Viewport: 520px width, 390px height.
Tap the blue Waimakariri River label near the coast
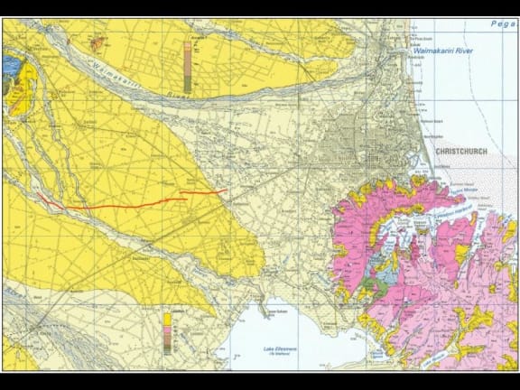pyautogui.click(x=442, y=53)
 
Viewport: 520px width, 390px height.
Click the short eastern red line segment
pyautogui.click(x=203, y=191)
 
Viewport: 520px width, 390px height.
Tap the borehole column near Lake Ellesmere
pyautogui.click(x=168, y=333)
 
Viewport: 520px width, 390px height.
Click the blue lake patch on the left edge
pyautogui.click(x=10, y=66)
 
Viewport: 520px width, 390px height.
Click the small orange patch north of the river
pyautogui.click(x=97, y=40)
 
